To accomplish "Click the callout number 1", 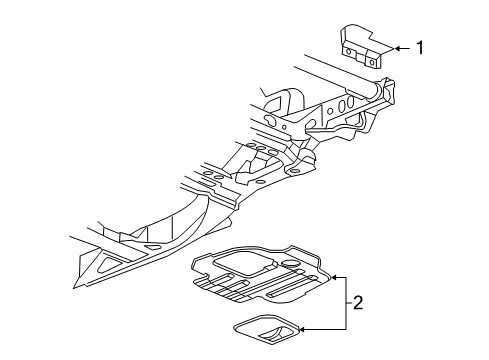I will [421, 46].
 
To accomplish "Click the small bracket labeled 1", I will [362, 48].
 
